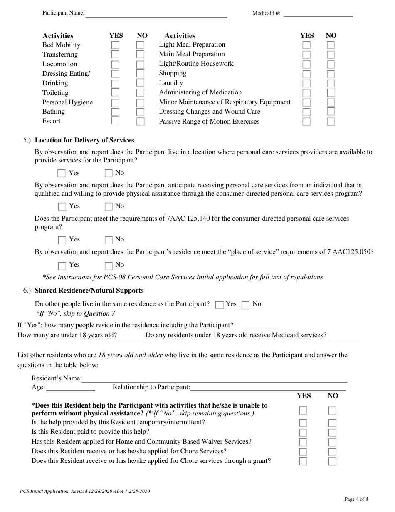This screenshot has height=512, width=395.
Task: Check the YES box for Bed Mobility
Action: click(115, 45)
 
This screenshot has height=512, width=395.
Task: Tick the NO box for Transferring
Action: click(141, 55)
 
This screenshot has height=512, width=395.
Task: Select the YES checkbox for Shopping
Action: click(306, 74)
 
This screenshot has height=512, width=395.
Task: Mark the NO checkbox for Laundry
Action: click(331, 84)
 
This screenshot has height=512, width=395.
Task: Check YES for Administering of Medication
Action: click(306, 93)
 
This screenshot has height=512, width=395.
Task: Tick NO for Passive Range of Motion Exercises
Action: click(331, 122)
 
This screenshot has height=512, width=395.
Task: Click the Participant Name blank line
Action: click(156, 15)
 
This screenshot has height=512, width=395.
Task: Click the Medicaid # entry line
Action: click(318, 14)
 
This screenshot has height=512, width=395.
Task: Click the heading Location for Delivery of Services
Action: click(84, 140)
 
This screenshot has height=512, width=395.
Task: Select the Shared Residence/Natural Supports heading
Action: click(89, 291)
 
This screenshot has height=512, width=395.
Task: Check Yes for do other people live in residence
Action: click(220, 305)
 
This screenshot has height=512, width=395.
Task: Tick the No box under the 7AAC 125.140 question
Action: click(109, 240)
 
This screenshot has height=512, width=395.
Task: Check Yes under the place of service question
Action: click(62, 266)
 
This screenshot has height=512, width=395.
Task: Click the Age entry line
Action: click(70, 388)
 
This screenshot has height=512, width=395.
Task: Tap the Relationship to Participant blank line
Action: click(267, 388)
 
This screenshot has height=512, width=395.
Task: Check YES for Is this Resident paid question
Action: click(303, 433)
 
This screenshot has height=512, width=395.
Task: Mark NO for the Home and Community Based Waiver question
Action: click(332, 442)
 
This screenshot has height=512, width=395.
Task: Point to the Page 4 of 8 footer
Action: click(356, 499)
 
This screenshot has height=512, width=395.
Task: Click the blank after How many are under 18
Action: click(131, 336)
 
